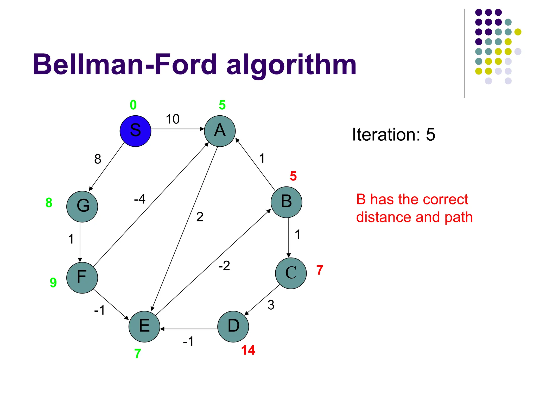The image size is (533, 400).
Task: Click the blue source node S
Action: [135, 131]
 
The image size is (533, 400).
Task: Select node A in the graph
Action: [220, 131]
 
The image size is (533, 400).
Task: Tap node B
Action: [286, 202]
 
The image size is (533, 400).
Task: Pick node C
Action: [291, 273]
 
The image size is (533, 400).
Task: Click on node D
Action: [233, 326]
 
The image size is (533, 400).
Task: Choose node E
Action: [144, 326]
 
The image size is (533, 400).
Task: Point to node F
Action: [82, 278]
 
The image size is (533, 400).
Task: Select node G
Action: [82, 207]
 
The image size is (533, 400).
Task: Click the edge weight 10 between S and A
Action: [173, 119]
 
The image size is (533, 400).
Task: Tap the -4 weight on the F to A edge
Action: [140, 199]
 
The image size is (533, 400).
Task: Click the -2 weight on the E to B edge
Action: [224, 266]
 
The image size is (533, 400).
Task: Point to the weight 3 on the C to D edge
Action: [271, 305]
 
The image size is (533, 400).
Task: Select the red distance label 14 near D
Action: [248, 350]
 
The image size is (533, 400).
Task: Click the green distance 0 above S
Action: [133, 105]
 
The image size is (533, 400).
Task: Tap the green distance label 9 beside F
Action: [53, 283]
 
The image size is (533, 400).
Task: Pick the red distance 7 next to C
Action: [320, 270]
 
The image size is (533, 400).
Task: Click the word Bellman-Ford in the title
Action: [125, 64]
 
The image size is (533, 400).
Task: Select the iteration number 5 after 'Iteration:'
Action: [430, 135]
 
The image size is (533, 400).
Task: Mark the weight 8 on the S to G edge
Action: [98, 159]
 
